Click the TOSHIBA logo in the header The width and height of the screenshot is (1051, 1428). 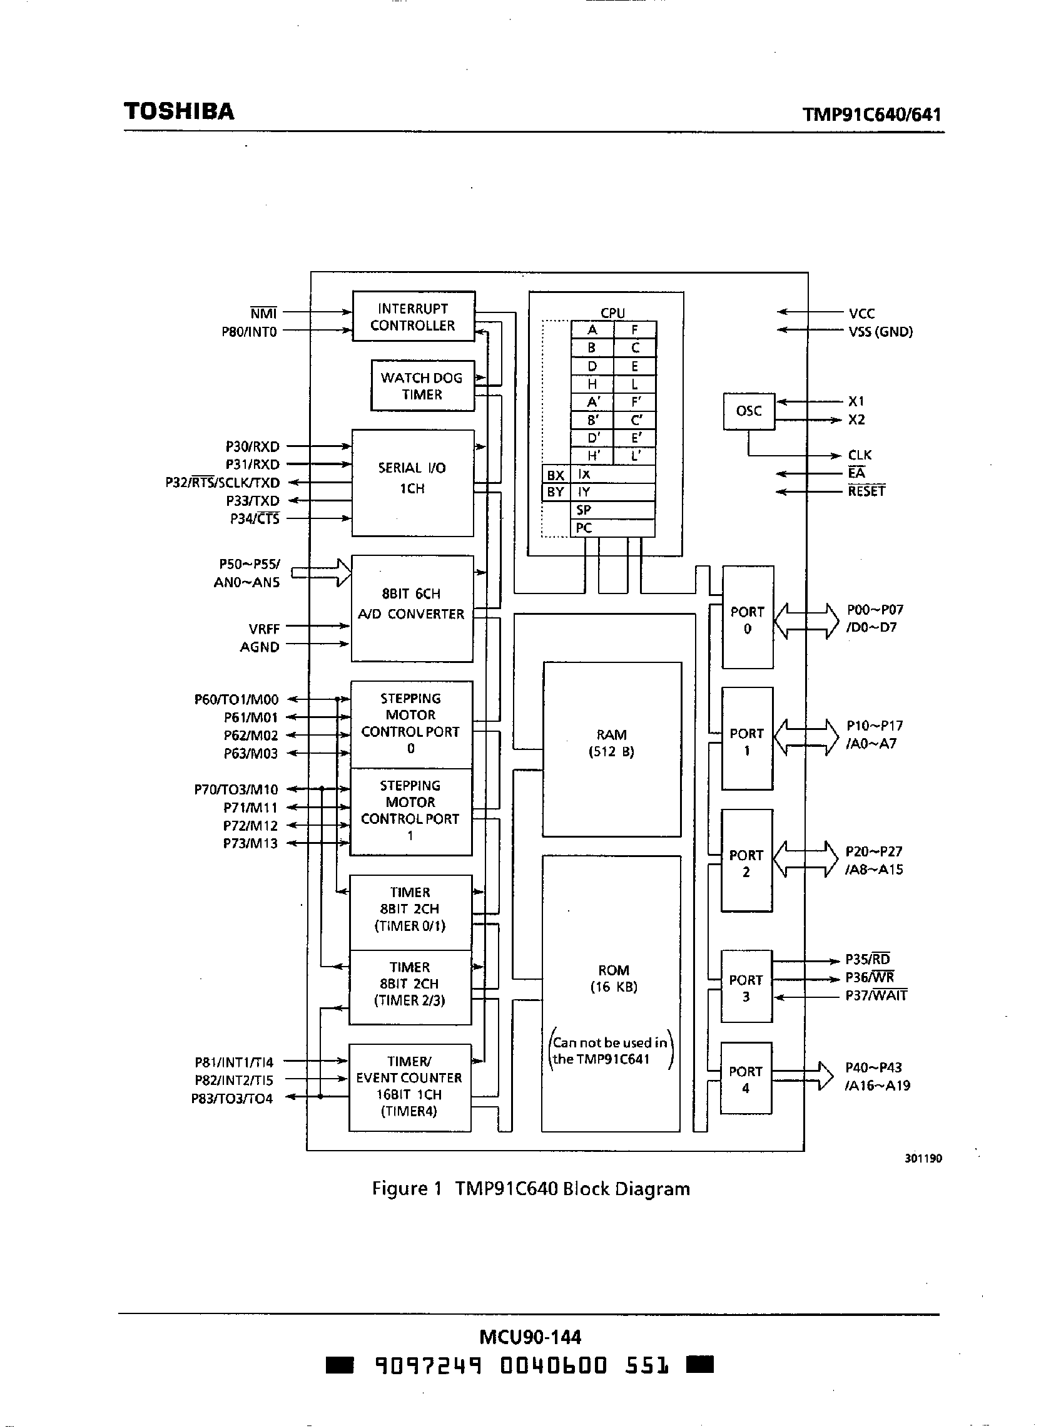pos(179,111)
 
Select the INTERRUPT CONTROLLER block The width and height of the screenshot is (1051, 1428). pos(414,316)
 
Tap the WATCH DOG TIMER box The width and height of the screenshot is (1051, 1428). pos(422,386)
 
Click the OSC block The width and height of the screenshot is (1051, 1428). pos(749,411)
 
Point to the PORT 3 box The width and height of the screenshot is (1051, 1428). pos(746,988)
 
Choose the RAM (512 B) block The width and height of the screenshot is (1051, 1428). pos(611,749)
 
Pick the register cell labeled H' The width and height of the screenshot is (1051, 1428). pos(592,456)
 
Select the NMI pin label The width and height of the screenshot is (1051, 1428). pos(263,313)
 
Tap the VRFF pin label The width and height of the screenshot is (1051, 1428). pos(264,629)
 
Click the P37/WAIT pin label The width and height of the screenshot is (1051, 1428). pos(875,995)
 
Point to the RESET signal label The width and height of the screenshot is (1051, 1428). pos(866,491)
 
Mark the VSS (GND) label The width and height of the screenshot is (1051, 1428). pos(880,332)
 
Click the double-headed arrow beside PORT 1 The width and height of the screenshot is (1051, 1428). pos(806,737)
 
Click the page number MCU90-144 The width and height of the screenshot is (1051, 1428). pos(530,1337)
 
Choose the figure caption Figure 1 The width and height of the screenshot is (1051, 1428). pos(531,1189)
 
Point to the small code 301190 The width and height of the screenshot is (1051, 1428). pos(923,1158)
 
